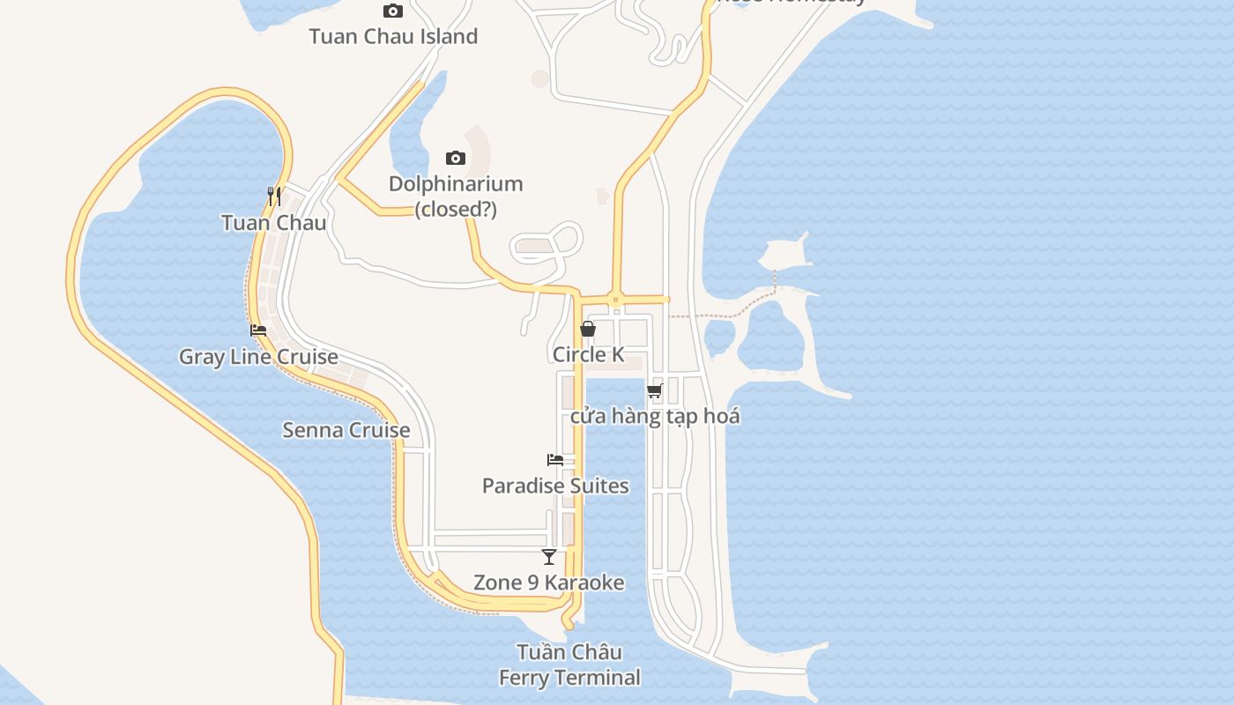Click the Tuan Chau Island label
point(393,36)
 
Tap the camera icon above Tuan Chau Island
point(393,11)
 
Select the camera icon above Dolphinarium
point(455,158)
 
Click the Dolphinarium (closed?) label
point(456,197)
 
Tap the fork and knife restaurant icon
point(274,197)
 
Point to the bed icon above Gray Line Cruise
point(258,330)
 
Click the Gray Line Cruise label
point(258,357)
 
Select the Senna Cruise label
point(346,430)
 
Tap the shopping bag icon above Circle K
point(588,329)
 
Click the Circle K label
point(588,354)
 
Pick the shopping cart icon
point(654,390)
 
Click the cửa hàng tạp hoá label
point(654,416)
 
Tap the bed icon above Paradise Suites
point(555,460)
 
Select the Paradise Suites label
point(555,486)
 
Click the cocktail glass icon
point(549,557)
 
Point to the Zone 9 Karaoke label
point(548,583)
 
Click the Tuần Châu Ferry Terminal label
point(569,664)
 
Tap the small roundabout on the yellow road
point(615,300)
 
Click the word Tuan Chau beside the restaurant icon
point(273,222)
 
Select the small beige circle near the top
point(540,78)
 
